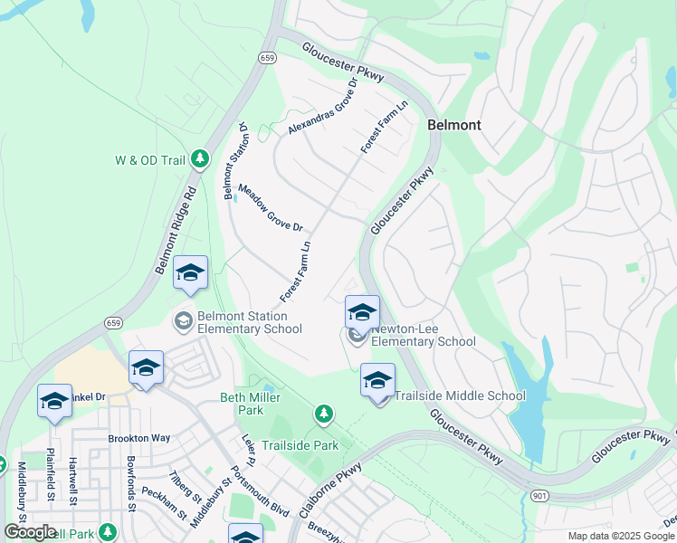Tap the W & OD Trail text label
click(149, 161)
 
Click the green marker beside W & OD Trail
click(203, 161)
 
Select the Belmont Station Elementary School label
click(243, 322)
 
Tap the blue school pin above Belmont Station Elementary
click(190, 272)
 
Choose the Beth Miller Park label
click(242, 404)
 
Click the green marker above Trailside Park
click(323, 414)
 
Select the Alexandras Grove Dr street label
click(323, 107)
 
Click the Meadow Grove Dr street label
click(270, 207)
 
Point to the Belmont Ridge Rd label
click(175, 230)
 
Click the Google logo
click(30, 532)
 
